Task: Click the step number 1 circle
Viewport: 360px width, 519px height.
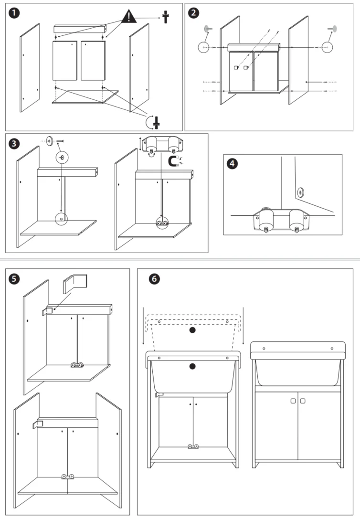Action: click(16, 13)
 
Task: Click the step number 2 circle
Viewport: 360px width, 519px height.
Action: click(194, 13)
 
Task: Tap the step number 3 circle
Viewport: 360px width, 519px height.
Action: click(15, 143)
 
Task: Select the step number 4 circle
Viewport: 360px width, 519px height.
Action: click(233, 163)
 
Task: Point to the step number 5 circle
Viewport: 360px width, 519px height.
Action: click(15, 278)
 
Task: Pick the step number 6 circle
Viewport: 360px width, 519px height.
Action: click(152, 278)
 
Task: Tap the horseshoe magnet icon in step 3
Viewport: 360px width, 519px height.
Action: click(174, 161)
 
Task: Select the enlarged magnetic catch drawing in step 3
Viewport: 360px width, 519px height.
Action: click(160, 144)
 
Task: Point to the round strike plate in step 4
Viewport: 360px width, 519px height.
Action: click(300, 192)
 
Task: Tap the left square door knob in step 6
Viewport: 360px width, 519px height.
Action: click(293, 401)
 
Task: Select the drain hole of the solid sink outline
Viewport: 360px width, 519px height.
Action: click(192, 366)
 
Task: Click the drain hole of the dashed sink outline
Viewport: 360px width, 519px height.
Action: click(192, 330)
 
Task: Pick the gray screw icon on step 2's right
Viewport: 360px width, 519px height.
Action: click(332, 29)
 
